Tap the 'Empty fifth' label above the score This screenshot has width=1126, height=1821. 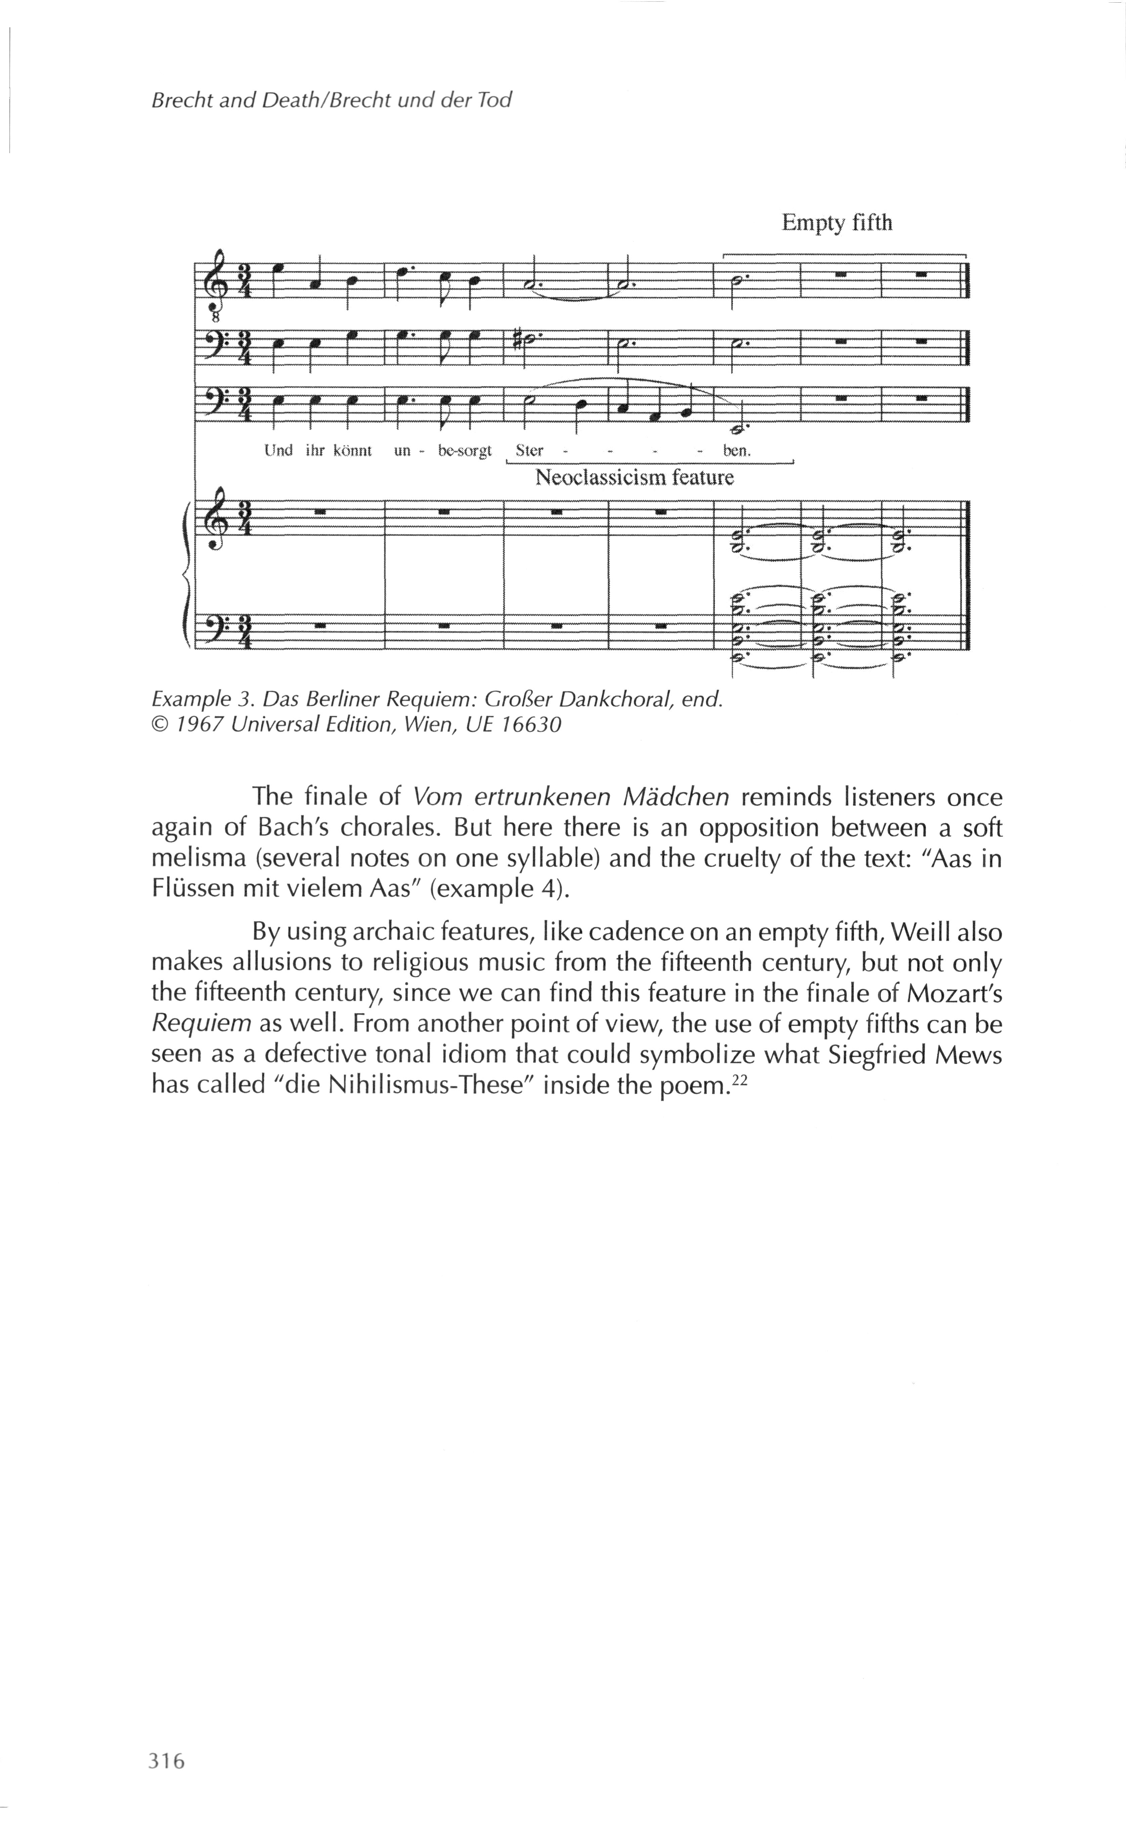coord(836,223)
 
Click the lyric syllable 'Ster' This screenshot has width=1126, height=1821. coord(529,450)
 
